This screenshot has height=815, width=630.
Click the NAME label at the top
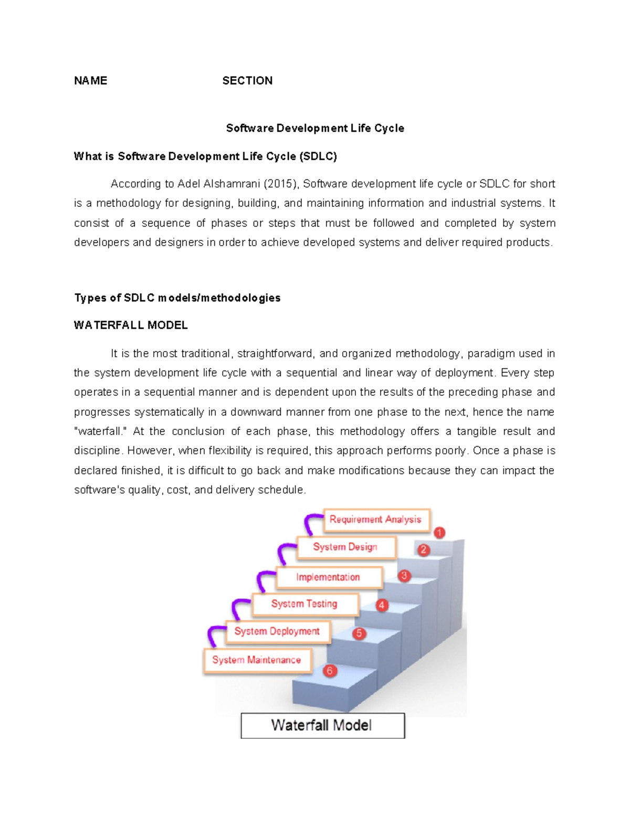coord(90,81)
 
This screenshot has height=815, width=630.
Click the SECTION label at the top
coord(247,81)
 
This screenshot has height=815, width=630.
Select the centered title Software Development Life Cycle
coord(315,128)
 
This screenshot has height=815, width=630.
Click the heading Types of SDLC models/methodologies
coord(177,298)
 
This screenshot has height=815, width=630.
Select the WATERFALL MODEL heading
coord(131,325)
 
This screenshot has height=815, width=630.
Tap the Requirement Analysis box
coord(377,520)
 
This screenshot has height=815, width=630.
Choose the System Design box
coord(346,547)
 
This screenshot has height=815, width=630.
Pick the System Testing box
coord(306,604)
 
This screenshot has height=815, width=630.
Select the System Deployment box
coord(278,632)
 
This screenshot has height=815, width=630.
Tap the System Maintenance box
coord(257,661)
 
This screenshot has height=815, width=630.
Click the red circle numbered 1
coord(439,533)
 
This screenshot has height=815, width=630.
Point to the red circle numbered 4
coord(382,605)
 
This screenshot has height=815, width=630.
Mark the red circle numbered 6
coord(330,671)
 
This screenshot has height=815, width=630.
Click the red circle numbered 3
coord(404,576)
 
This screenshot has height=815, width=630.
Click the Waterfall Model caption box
coord(323,725)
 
